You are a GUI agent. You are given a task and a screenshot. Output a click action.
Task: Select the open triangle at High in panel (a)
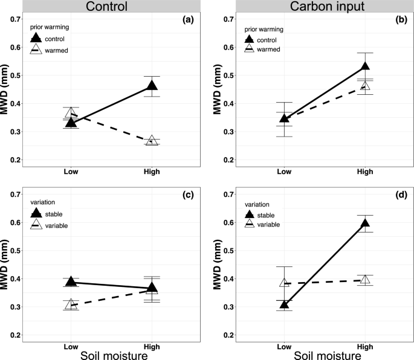pyautogui.click(x=152, y=141)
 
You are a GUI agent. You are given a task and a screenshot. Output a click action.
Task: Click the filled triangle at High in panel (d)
pyautogui.click(x=364, y=223)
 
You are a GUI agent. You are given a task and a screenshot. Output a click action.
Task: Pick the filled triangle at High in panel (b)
pyautogui.click(x=364, y=66)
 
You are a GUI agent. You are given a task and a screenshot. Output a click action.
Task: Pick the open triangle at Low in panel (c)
pyautogui.click(x=71, y=305)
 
